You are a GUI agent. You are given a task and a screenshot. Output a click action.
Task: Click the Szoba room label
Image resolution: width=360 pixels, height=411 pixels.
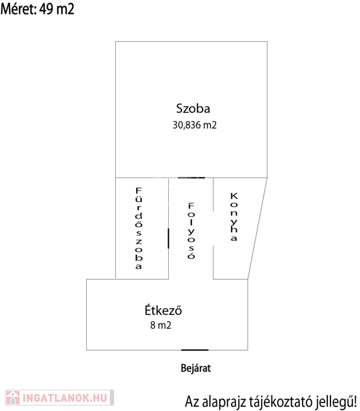point(193,109)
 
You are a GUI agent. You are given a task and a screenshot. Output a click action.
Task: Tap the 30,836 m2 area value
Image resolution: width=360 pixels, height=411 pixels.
point(194,125)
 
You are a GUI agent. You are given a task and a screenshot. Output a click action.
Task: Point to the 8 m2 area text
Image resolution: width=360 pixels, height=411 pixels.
point(161,324)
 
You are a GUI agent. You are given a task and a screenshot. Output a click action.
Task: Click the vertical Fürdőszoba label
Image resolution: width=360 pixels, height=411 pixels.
point(138,228)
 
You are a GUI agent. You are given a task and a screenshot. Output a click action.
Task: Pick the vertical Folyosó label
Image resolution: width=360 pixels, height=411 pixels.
point(191,231)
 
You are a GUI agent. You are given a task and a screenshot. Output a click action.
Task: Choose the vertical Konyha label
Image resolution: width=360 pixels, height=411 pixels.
point(233,217)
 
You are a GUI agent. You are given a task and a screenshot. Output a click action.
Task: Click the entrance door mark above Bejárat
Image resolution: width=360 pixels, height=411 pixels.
point(194,350)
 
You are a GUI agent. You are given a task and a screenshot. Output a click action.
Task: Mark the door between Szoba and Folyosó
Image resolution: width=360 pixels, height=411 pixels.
point(191,177)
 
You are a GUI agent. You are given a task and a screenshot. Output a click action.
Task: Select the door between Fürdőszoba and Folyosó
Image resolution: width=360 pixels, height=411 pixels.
point(169,238)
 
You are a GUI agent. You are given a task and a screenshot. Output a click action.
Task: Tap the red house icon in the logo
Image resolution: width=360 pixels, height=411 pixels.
point(11,397)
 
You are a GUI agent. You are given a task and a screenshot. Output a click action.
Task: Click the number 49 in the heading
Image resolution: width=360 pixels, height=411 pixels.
point(46,9)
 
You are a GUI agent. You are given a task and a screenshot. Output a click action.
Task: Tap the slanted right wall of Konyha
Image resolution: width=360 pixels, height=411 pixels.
point(257,228)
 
